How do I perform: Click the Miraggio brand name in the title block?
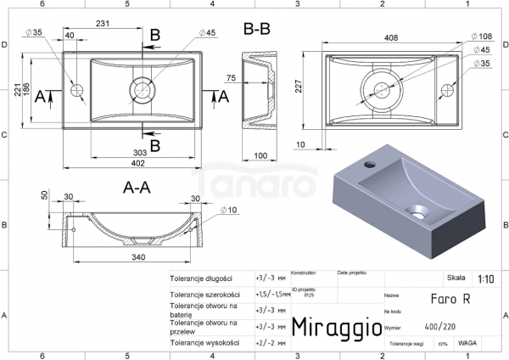click(330, 328)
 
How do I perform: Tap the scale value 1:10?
click(486, 278)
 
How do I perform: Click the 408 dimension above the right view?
click(393, 37)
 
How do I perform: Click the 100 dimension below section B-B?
click(260, 155)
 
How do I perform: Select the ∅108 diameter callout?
click(479, 37)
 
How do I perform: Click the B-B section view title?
click(256, 29)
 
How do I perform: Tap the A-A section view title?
click(137, 188)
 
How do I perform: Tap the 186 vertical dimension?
click(28, 88)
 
